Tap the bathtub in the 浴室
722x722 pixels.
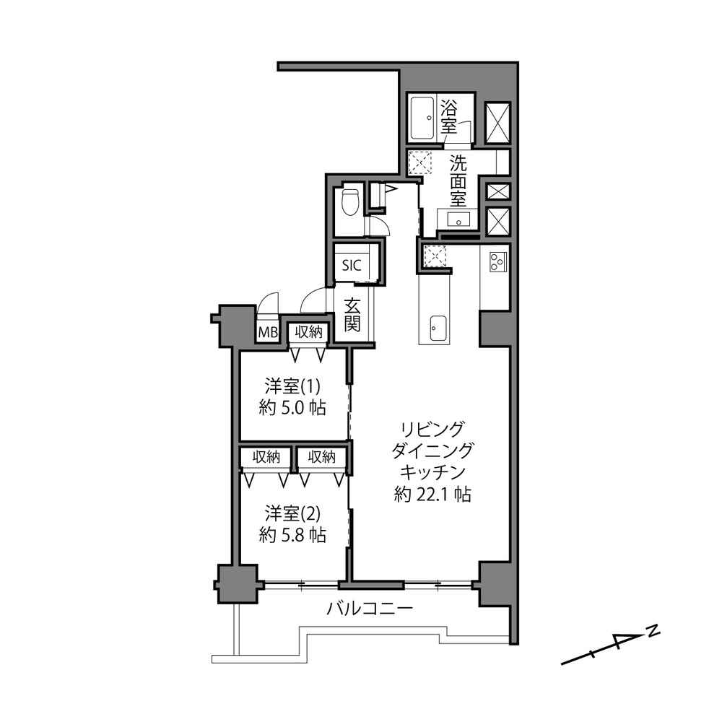422,118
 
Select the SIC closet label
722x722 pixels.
352,266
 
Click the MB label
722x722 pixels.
268,332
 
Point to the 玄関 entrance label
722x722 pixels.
352,316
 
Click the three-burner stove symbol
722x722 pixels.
497,262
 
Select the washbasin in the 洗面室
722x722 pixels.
458,219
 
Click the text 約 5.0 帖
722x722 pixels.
292,408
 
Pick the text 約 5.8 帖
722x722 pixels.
292,535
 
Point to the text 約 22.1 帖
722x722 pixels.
432,494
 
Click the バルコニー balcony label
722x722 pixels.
370,609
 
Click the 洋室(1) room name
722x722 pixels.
292,386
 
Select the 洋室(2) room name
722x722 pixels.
292,513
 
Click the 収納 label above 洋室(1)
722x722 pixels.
308,331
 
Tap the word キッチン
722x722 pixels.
432,472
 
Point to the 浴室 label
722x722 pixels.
448,118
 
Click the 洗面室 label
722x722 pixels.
458,181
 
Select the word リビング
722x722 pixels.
432,429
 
